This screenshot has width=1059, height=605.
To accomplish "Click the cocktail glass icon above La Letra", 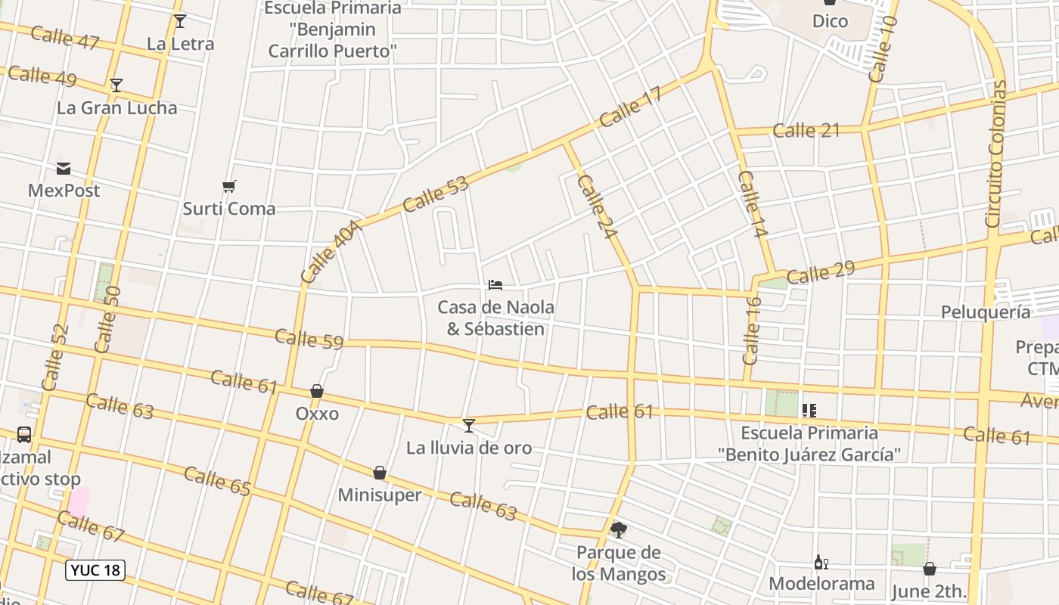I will point(179,21).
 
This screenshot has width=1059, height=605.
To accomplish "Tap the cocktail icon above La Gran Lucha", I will point(116,85).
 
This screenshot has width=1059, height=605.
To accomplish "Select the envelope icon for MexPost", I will point(64,169).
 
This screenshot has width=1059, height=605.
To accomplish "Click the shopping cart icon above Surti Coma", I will point(229,186).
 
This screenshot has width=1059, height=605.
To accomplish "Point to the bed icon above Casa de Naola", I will point(495,285).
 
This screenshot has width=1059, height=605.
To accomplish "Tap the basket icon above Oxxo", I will point(317,391).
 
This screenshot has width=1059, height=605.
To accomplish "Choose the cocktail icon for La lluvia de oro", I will point(469,426).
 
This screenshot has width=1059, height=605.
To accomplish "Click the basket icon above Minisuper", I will point(380,473).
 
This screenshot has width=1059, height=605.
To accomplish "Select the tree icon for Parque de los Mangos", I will point(619,529).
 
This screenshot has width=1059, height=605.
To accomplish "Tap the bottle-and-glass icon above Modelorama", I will point(821,562).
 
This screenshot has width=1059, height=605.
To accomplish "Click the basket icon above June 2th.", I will point(930,569).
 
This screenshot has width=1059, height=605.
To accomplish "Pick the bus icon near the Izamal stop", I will point(24,435).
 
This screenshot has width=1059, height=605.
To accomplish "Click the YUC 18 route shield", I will point(95,570).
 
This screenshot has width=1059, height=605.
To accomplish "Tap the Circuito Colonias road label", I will point(996,154).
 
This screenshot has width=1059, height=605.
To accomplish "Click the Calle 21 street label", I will point(806,130).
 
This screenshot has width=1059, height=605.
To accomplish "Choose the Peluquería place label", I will point(985,312).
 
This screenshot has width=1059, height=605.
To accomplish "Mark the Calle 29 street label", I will point(820,272).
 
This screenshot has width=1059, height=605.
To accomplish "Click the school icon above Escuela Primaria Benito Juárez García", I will point(809,411).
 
